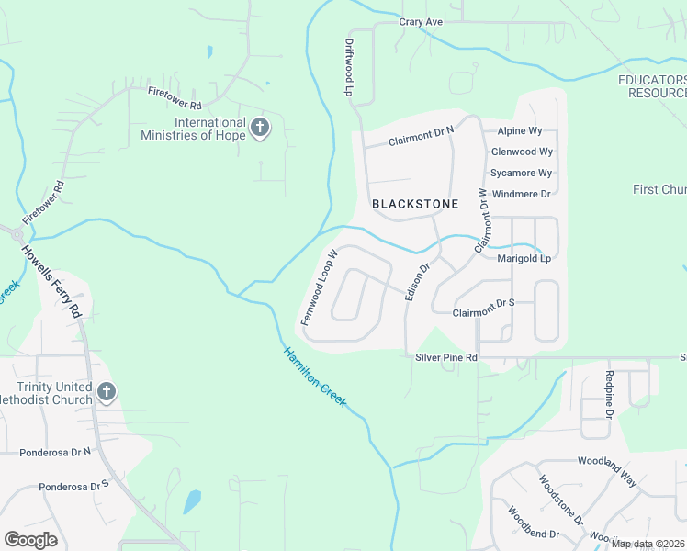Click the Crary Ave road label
[422, 21]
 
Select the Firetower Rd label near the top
[175, 92]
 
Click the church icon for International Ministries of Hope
[260, 128]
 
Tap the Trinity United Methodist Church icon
[107, 393]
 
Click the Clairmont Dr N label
[421, 138]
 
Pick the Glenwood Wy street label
[522, 152]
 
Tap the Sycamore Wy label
[521, 173]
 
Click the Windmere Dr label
[521, 194]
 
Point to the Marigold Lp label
[524, 258]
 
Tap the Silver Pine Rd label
[447, 356]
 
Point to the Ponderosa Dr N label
[55, 452]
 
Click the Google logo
[30, 540]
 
